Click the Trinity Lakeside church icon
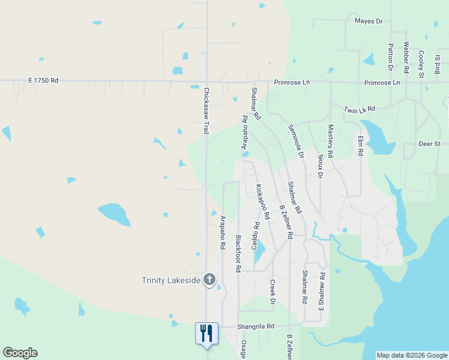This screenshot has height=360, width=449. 209,280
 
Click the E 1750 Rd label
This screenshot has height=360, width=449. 43,80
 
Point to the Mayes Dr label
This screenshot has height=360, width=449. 369,21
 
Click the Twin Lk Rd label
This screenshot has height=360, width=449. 360,109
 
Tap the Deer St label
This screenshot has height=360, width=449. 429,144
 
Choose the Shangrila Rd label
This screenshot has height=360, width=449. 255,326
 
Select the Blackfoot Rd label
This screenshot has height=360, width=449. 238,254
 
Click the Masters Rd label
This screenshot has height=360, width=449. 330,141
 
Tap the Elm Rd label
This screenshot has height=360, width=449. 361,146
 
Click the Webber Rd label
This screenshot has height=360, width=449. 406,57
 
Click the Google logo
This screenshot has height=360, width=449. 20,353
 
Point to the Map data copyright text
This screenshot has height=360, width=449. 412,355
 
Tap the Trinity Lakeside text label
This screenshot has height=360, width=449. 170,280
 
